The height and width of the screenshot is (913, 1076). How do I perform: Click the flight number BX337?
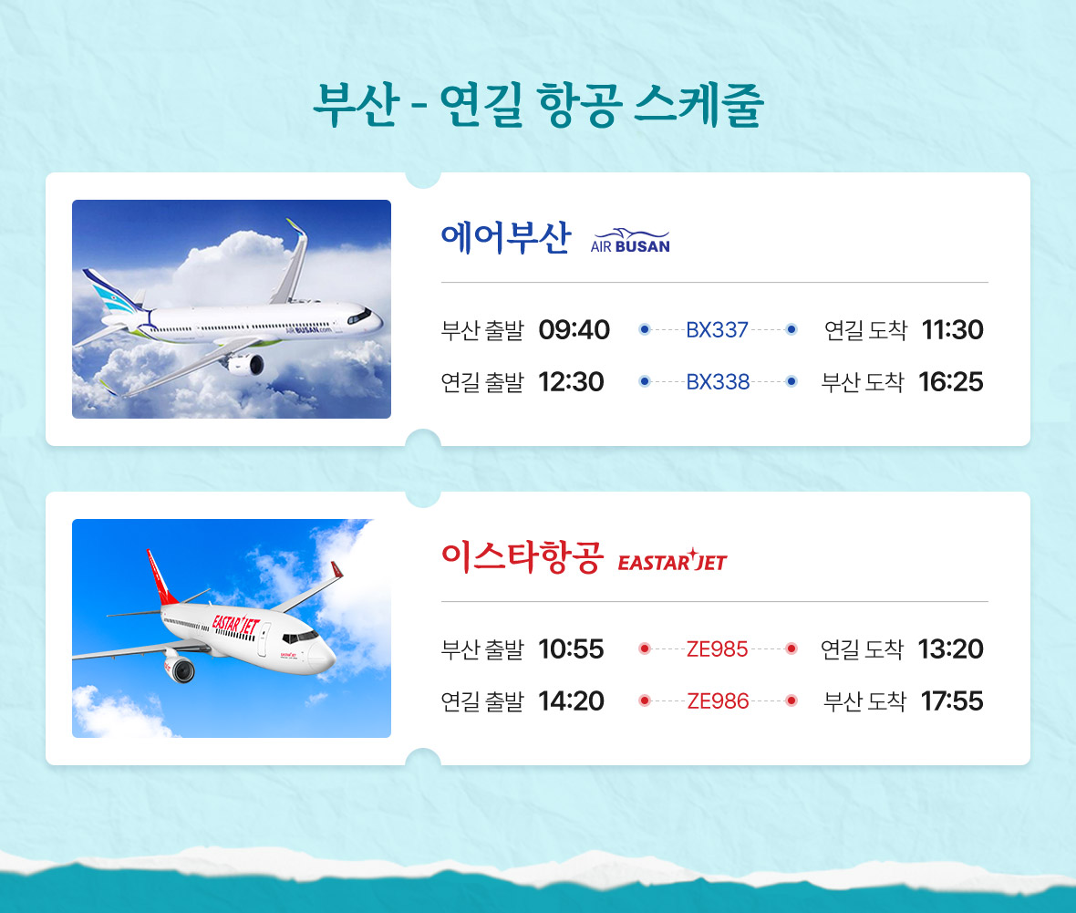(x=717, y=330)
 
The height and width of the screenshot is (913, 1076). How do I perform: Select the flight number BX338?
(x=718, y=381)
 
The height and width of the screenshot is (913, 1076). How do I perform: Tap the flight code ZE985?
(x=717, y=648)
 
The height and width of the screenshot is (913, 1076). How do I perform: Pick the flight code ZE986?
(x=718, y=700)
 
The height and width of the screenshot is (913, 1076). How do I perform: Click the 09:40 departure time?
(x=574, y=330)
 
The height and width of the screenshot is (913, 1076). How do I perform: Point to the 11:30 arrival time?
(x=953, y=330)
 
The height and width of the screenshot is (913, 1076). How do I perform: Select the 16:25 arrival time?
(x=951, y=381)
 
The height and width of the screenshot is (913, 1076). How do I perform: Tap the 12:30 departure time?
(x=571, y=381)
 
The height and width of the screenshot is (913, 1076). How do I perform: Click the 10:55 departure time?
(x=571, y=648)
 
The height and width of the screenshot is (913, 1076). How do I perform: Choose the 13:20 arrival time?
(x=951, y=648)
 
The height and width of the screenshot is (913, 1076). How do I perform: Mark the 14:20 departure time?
(x=571, y=700)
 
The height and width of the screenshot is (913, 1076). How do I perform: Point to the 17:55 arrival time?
(x=953, y=700)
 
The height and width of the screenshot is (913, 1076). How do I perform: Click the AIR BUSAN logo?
(x=630, y=241)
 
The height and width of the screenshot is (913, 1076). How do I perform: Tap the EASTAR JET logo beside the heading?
(x=672, y=561)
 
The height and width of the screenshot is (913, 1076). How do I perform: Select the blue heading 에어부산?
(x=506, y=237)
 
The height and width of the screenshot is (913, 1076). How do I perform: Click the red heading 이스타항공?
(x=522, y=556)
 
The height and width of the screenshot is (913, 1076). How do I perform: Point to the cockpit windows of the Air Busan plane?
(x=360, y=316)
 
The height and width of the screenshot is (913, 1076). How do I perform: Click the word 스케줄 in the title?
(x=698, y=104)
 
